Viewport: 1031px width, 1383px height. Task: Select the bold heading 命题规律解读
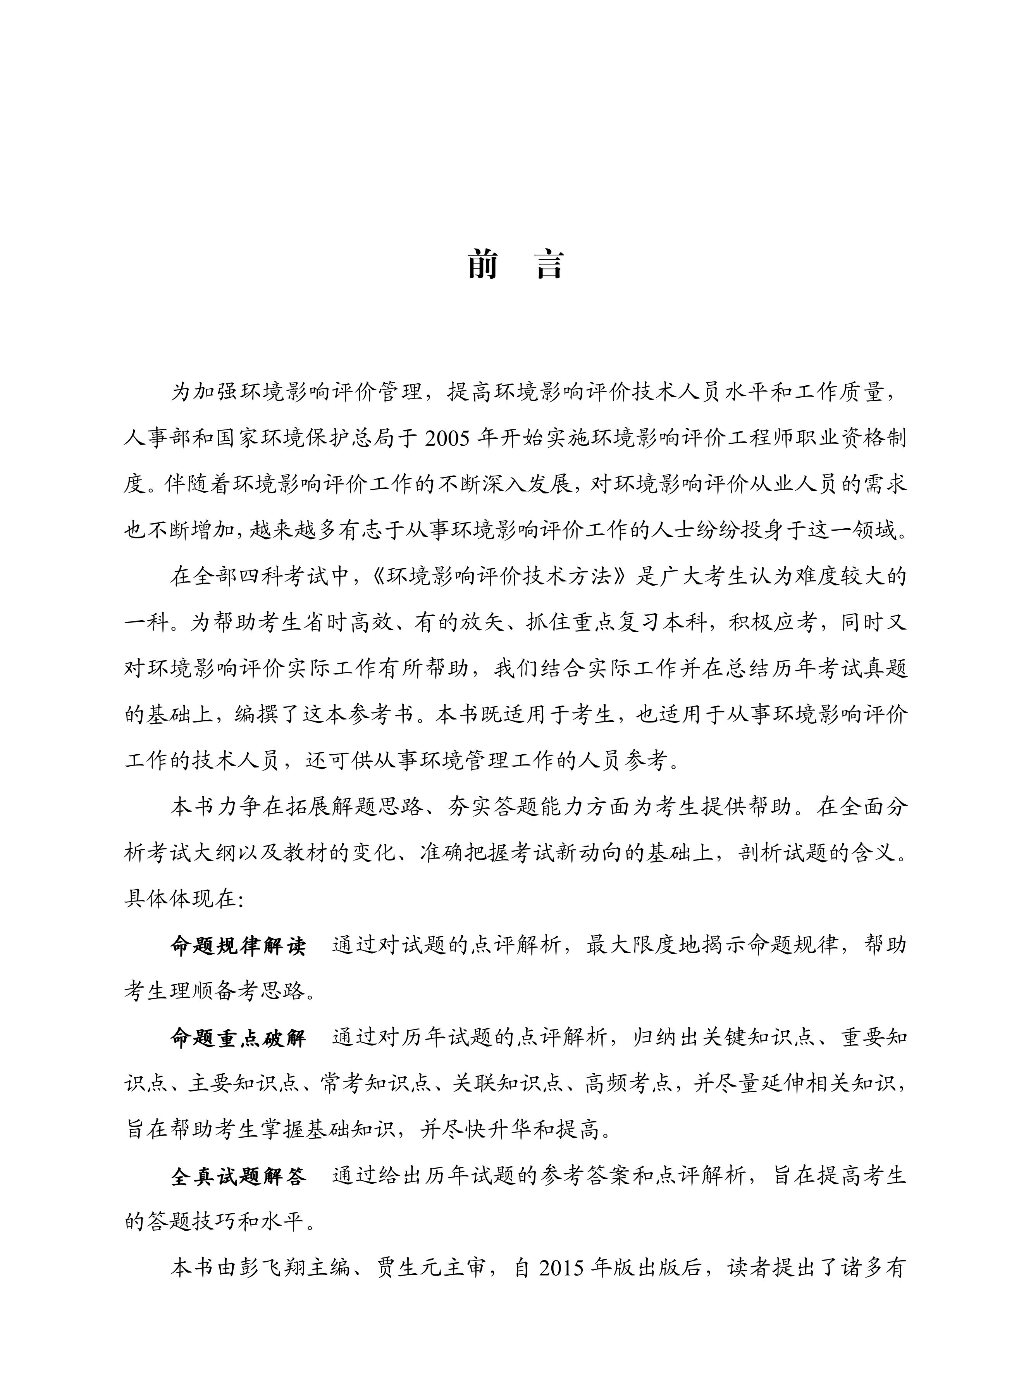tap(238, 946)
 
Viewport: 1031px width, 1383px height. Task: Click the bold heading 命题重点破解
tap(238, 1038)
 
